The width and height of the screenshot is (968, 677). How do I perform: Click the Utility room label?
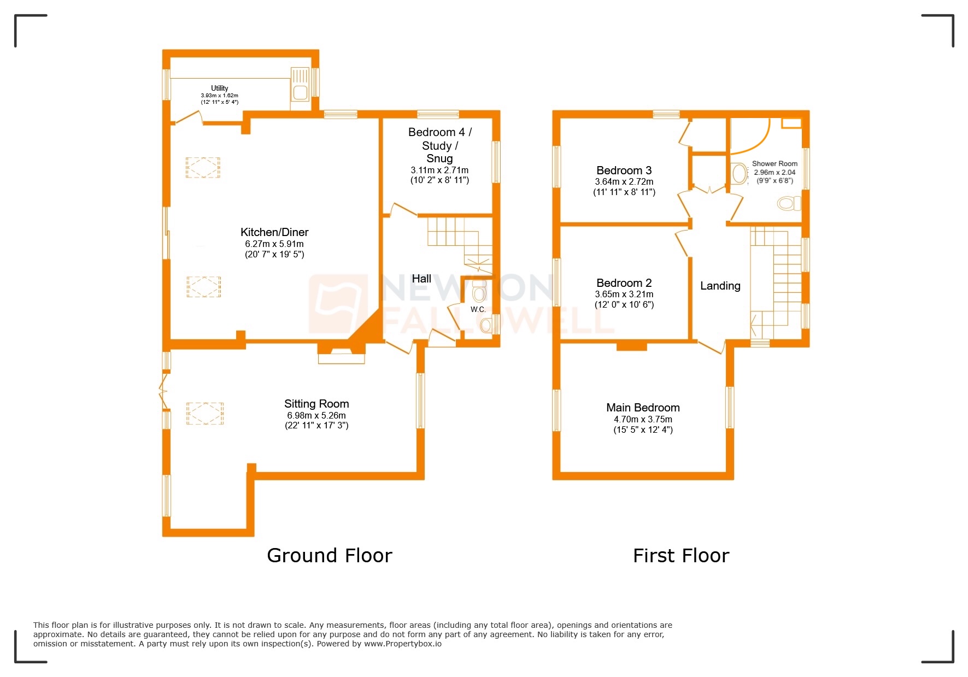[219, 88]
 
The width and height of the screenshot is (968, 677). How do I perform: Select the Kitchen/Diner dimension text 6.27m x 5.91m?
[274, 244]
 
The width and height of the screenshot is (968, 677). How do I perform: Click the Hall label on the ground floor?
[421, 279]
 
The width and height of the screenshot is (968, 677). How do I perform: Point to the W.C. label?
[478, 309]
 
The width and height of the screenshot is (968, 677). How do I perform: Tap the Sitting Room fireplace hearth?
[342, 358]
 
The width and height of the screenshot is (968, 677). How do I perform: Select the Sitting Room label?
[316, 404]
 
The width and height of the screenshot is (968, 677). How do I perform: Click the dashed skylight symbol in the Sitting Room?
[205, 413]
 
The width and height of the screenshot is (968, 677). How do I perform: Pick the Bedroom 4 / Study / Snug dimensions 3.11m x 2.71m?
[439, 170]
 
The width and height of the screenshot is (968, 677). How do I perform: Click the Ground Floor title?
[329, 556]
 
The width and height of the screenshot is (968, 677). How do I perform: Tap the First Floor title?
[680, 556]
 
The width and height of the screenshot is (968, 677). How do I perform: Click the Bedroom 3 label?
[624, 170]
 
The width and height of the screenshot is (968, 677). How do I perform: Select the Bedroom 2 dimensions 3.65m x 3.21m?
[624, 294]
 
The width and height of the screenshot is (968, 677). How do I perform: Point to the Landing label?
[720, 286]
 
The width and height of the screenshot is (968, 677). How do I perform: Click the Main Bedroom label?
[643, 408]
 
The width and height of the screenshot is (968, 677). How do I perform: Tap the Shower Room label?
[775, 163]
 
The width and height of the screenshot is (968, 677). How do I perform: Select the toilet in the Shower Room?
[788, 204]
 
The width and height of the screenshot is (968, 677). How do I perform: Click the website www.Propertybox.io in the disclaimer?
[402, 644]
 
